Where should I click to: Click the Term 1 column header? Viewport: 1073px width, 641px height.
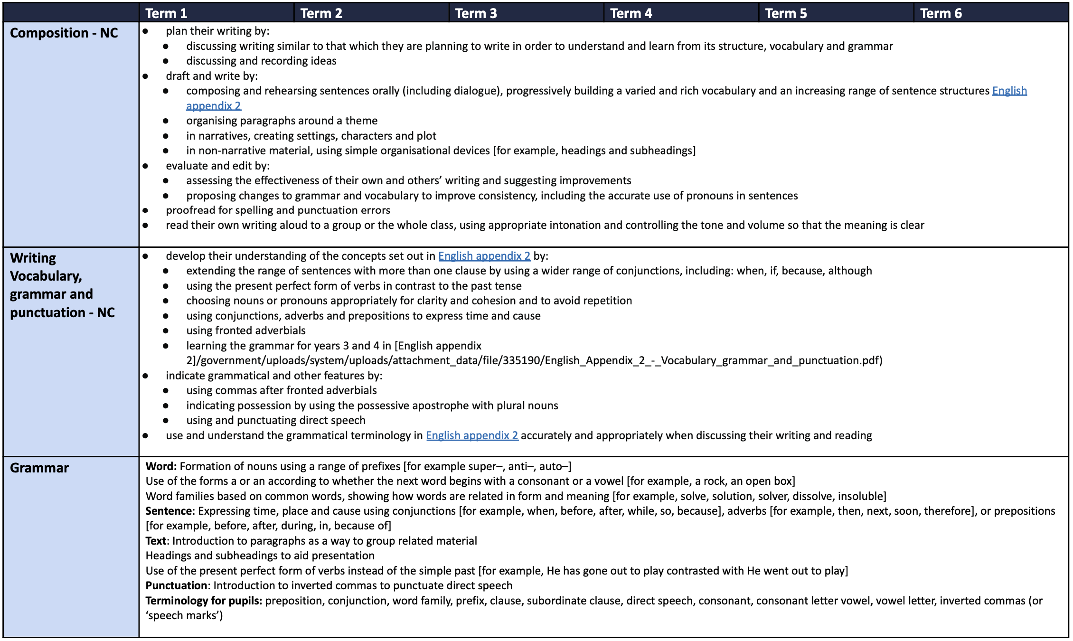(x=166, y=13)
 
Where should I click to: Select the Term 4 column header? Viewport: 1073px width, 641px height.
(x=631, y=13)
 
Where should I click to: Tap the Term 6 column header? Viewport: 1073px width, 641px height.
(x=941, y=13)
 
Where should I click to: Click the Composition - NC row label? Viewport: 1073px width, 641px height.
(x=64, y=33)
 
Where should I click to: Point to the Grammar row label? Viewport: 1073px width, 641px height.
(x=39, y=468)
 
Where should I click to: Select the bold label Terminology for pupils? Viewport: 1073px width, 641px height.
(x=204, y=601)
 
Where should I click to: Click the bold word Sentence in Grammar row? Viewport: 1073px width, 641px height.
(x=169, y=511)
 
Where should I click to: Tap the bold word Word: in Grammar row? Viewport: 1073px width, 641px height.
(x=161, y=466)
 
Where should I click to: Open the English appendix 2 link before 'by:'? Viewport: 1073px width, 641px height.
(x=484, y=256)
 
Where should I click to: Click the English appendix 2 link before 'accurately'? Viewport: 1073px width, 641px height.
(x=472, y=435)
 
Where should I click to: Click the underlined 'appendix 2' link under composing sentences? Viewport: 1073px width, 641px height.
(x=214, y=106)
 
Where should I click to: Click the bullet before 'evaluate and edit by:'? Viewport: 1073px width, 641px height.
(x=145, y=166)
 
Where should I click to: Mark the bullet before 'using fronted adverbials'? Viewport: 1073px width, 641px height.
(x=166, y=330)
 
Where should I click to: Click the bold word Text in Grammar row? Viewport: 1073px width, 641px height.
(x=156, y=541)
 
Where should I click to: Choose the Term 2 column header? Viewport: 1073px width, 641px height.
(x=321, y=13)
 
